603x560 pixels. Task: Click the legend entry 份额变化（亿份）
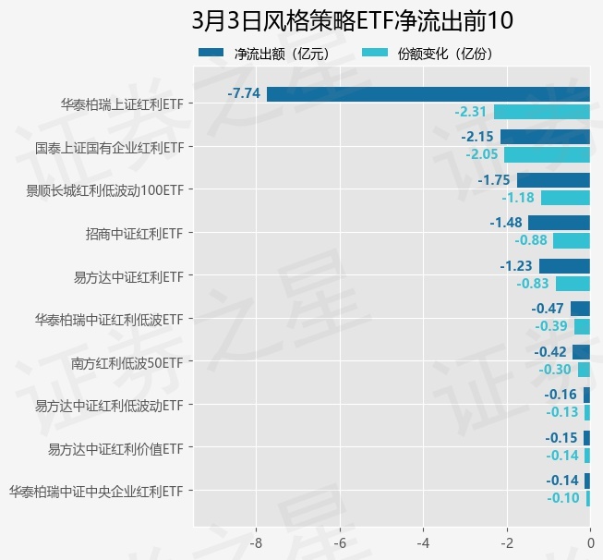(x=444, y=54)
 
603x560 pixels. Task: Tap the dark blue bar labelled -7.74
(x=428, y=93)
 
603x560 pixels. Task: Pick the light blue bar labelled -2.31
(x=541, y=112)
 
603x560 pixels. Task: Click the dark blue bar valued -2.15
(x=545, y=137)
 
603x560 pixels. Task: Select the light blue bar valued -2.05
(x=547, y=154)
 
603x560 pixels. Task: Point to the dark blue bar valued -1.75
(x=553, y=179)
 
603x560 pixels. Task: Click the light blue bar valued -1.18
(x=565, y=198)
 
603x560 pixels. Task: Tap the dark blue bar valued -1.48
(x=559, y=223)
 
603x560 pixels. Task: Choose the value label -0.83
(x=534, y=284)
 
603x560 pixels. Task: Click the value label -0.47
(x=549, y=309)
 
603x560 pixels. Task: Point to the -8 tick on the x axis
(x=257, y=542)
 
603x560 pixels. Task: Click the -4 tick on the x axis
(x=424, y=542)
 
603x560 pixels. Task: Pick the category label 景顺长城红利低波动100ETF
(x=105, y=190)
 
